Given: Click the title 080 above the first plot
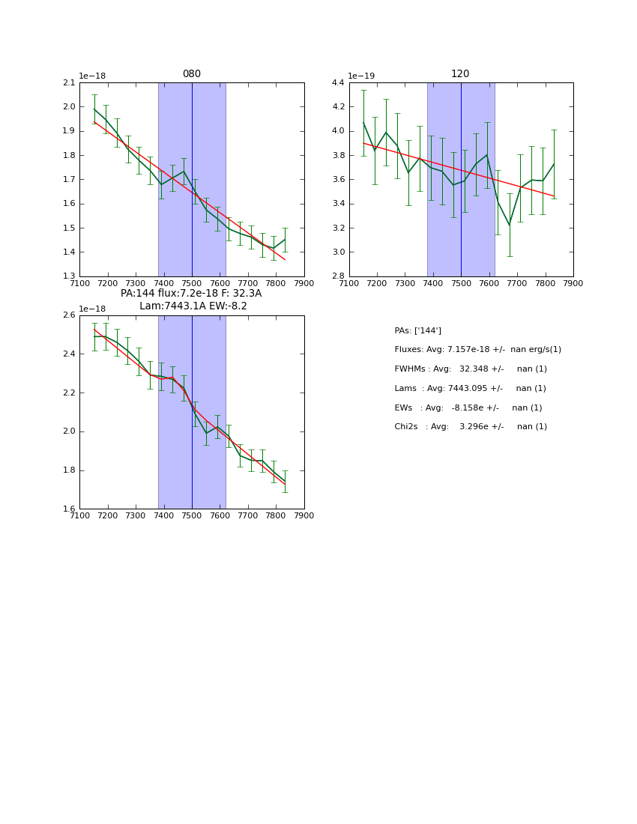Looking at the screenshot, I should (192, 74).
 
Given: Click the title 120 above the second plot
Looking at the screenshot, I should (460, 74).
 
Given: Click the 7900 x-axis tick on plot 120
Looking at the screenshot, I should (573, 283).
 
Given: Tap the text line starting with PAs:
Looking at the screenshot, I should (417, 330).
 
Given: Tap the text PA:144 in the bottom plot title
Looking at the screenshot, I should (138, 294).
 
